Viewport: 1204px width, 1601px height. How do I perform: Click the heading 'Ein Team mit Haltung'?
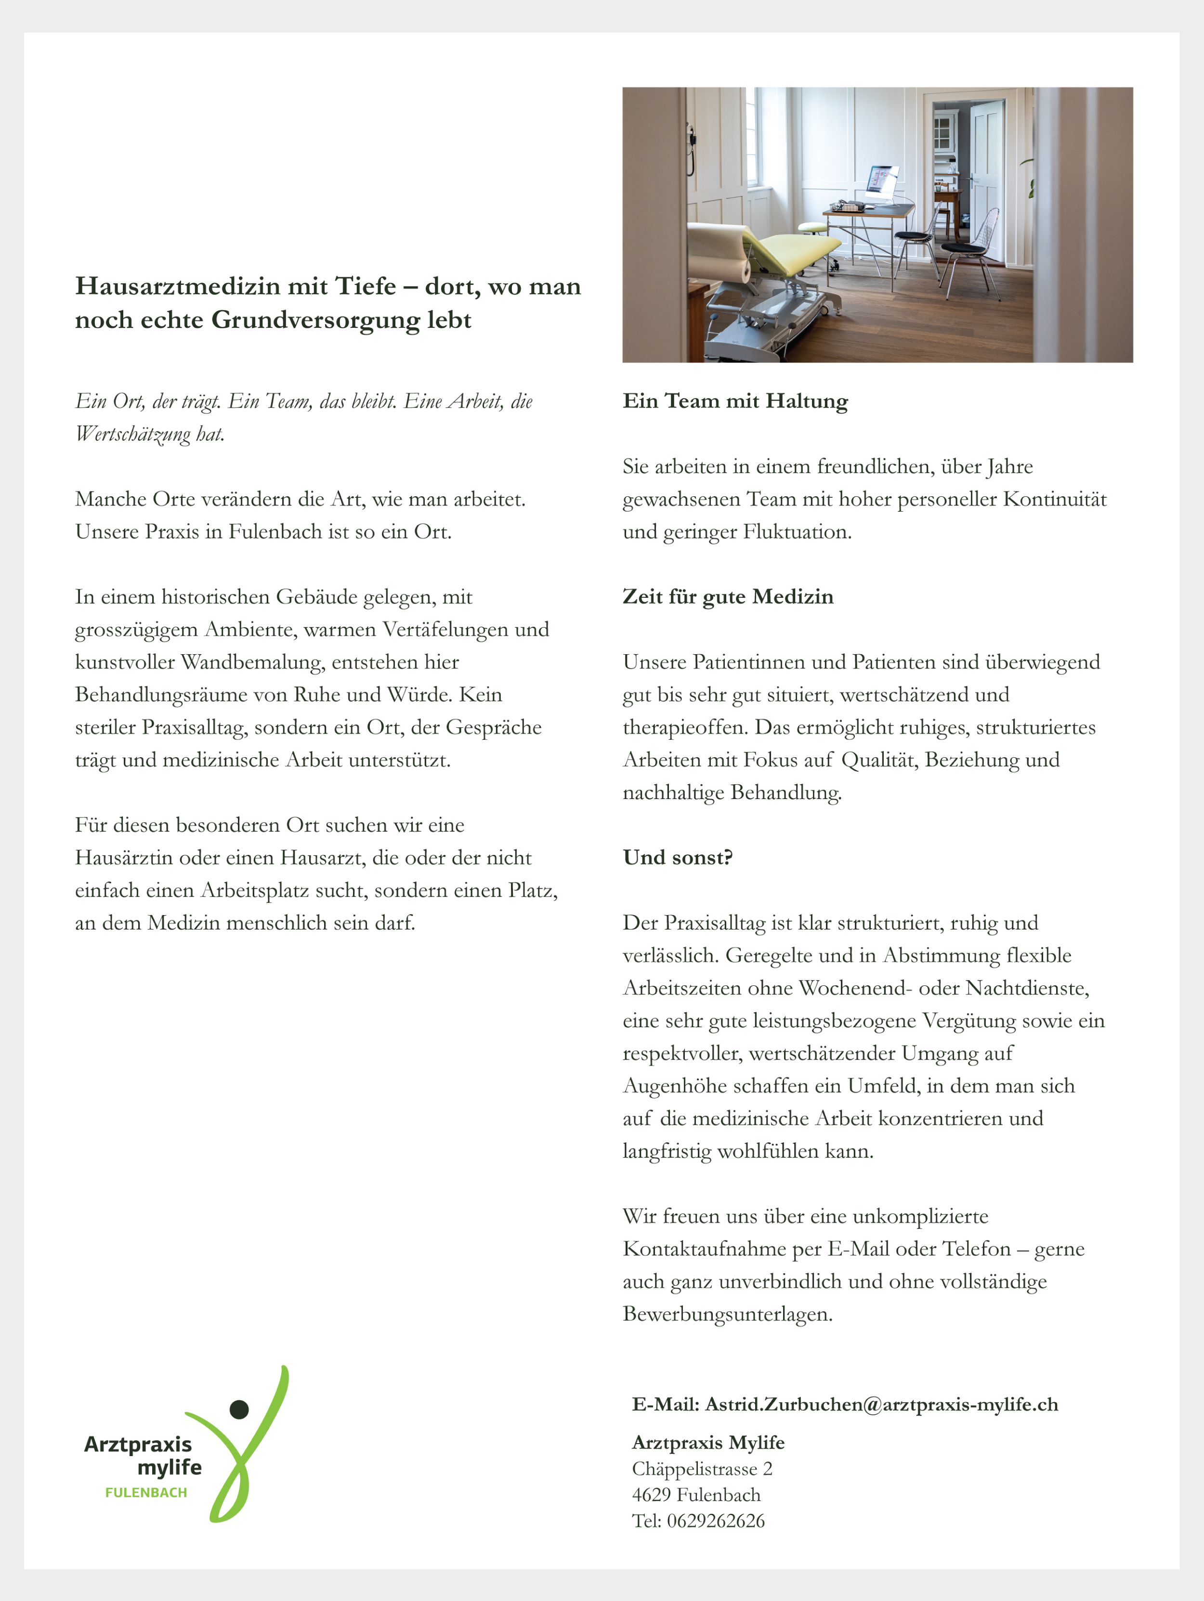click(x=735, y=401)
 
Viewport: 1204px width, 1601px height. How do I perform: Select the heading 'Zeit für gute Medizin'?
click(x=728, y=596)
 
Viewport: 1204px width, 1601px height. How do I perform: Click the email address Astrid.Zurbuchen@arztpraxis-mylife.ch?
click(x=881, y=1404)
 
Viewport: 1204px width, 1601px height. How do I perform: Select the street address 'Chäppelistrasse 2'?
click(x=702, y=1469)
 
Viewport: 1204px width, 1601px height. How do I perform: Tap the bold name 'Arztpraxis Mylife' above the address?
click(x=708, y=1443)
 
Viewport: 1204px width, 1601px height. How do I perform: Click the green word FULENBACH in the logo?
click(x=146, y=1492)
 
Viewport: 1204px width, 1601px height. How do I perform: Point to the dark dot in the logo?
click(x=239, y=1409)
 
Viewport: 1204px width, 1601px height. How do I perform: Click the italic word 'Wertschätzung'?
click(x=132, y=434)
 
